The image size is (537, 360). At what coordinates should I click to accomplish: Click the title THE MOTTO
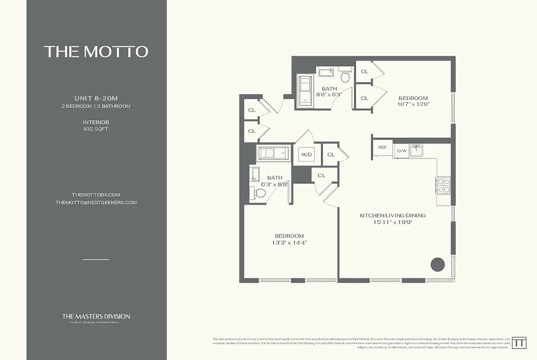[96, 51]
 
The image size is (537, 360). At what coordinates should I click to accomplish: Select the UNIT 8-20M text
[96, 99]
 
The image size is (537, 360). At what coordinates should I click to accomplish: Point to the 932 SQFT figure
[96, 129]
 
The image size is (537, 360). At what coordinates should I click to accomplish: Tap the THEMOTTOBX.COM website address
[96, 195]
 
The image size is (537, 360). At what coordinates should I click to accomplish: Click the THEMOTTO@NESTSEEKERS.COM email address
[96, 202]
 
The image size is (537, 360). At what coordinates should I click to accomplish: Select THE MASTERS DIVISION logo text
[96, 317]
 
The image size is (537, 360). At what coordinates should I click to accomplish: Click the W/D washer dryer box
[307, 155]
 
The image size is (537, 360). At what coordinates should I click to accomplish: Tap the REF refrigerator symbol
[382, 148]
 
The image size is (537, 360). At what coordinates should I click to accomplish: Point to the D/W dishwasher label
[402, 151]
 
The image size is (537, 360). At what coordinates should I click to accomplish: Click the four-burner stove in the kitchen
[443, 185]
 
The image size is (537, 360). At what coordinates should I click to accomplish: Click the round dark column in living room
[438, 264]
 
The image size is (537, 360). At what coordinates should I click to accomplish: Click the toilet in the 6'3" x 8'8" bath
[259, 193]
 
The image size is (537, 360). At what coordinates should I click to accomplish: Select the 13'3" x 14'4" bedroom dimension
[289, 243]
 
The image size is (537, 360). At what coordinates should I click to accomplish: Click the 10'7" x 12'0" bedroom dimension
[413, 104]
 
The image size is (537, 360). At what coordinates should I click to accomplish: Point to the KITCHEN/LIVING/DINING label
[392, 216]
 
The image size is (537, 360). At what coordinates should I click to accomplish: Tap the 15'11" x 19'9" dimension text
[392, 222]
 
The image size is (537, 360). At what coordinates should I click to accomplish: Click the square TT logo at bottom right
[520, 342]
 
